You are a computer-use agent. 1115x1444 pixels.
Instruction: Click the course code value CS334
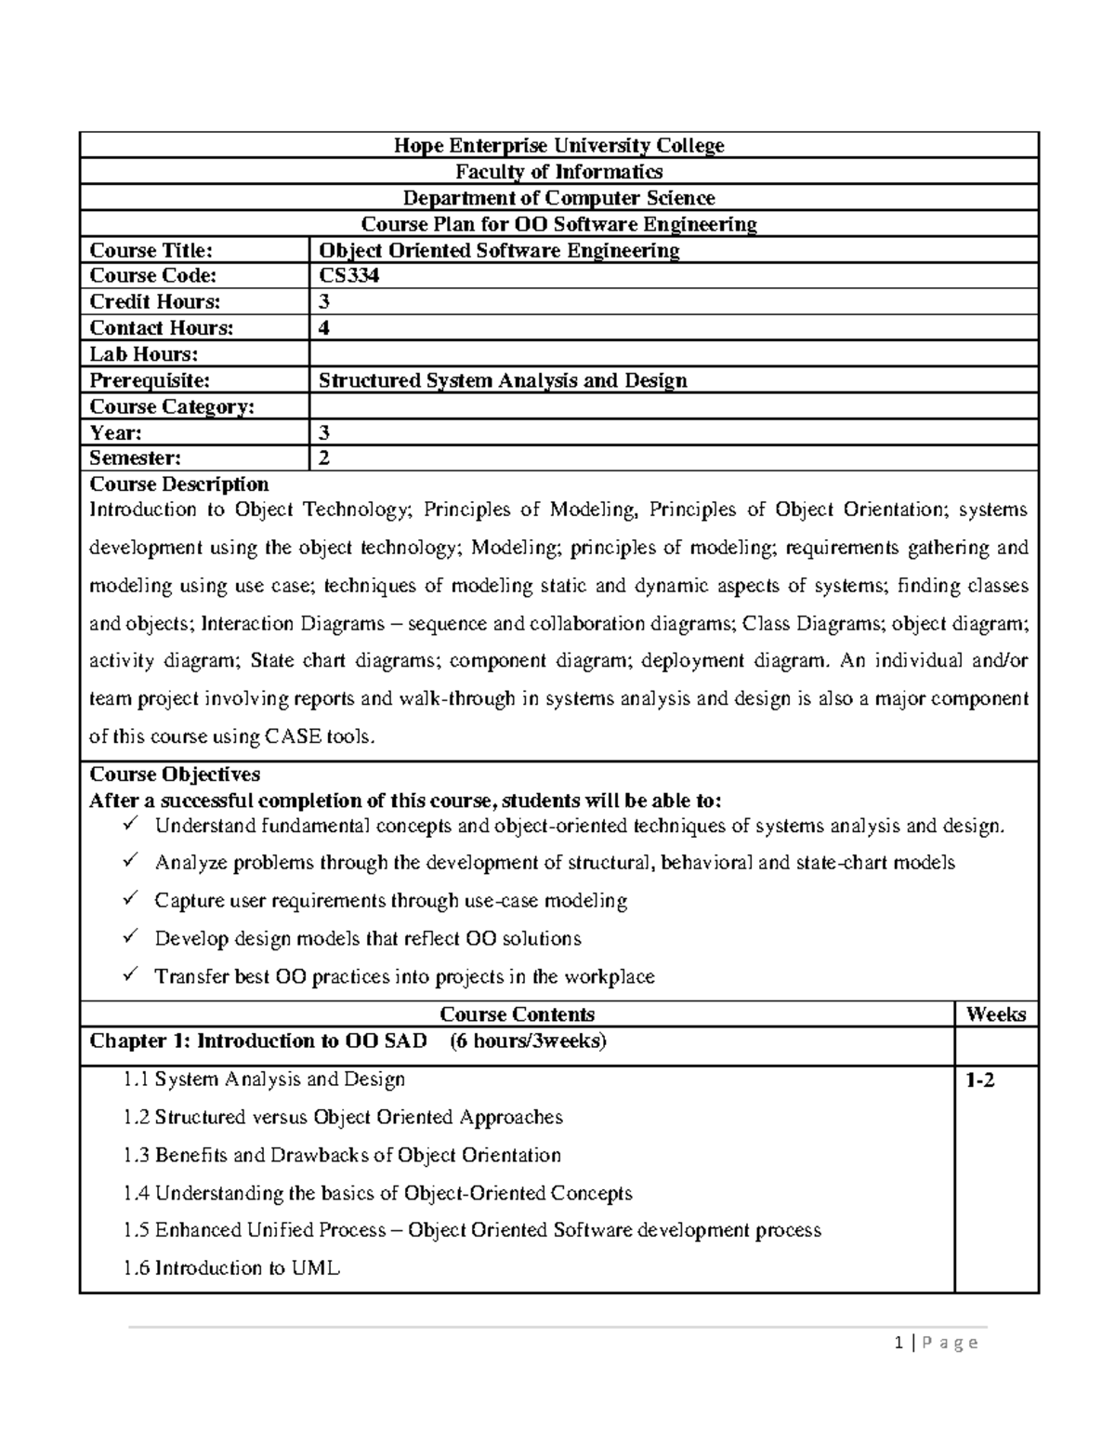coord(348,276)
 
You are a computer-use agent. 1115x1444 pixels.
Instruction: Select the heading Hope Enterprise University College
coord(558,145)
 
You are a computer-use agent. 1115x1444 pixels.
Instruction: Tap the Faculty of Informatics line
coord(558,171)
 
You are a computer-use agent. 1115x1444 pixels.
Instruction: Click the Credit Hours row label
coord(154,302)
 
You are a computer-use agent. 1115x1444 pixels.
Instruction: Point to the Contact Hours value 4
coord(324,328)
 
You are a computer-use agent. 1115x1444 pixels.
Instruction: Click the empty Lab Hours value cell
coord(673,354)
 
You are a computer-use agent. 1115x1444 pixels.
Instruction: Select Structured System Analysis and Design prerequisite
coord(503,380)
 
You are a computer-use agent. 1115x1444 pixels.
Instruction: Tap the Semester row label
coord(135,458)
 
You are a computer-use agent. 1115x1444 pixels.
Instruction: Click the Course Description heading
coord(178,484)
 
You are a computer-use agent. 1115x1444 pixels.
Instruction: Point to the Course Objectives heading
coord(174,775)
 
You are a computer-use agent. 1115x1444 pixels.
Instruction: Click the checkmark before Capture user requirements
coord(131,899)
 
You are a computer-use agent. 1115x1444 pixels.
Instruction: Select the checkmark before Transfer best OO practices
coord(131,975)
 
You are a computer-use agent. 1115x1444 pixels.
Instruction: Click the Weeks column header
coord(995,1014)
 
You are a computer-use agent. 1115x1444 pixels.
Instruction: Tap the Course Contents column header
coord(517,1014)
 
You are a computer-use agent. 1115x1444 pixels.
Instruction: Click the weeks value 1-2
coord(979,1080)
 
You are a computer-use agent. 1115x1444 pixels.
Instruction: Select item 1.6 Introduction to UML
coord(231,1268)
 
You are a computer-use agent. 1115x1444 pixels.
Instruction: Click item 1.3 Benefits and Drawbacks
coord(342,1155)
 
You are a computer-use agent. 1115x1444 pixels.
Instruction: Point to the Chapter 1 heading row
coord(348,1041)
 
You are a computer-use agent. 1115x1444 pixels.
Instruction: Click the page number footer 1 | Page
coord(935,1343)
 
